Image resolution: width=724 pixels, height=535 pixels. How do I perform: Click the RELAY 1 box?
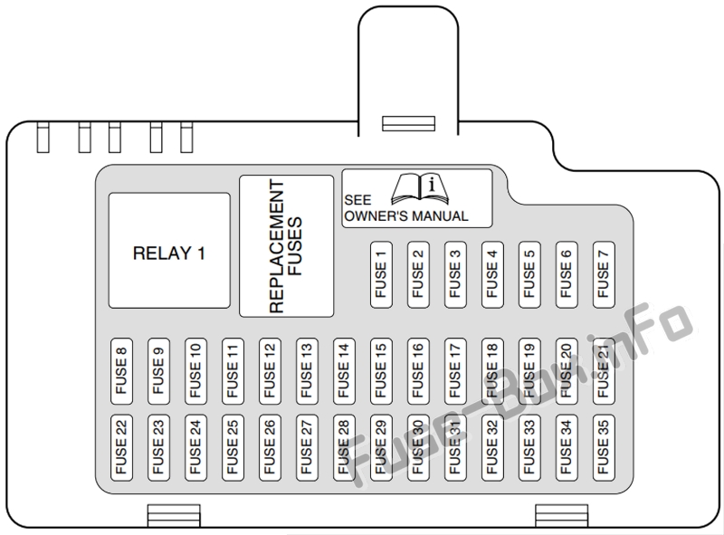169,251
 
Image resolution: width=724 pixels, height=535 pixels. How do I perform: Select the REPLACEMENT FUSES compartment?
286,246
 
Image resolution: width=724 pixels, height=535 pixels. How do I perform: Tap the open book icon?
420,189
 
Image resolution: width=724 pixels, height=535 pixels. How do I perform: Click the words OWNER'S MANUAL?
406,216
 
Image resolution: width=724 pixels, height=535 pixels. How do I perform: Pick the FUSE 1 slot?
381,274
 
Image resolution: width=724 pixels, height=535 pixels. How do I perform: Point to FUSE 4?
492,274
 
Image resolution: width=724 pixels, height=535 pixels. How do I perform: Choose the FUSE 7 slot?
604,274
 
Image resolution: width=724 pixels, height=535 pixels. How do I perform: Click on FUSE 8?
121,371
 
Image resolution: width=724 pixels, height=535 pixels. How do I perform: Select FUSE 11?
233,371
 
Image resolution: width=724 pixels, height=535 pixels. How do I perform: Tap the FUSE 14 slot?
344,371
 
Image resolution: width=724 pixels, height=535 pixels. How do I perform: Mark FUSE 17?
455,371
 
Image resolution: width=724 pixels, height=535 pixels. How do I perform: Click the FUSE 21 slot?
604,371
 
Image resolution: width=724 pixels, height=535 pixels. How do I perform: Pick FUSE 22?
121,448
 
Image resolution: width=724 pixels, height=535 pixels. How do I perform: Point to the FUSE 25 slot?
233,448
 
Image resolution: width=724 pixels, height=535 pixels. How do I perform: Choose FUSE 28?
344,448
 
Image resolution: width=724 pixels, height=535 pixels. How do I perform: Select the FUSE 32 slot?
492,448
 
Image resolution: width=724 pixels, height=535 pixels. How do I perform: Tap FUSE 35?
604,448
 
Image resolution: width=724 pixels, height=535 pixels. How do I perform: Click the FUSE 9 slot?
159,371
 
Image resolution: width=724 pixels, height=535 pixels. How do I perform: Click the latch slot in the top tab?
409,123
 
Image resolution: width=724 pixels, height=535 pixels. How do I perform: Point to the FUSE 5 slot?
529,274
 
